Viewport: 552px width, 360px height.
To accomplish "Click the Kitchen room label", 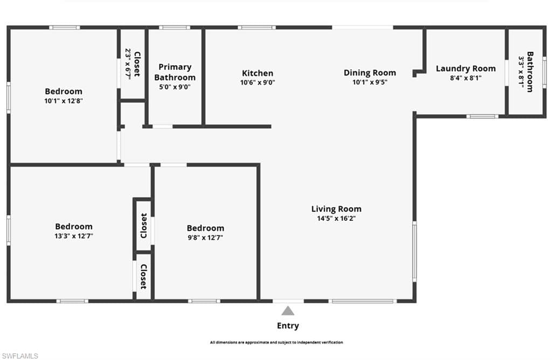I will click(x=257, y=73).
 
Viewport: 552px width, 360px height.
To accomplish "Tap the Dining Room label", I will click(x=370, y=73).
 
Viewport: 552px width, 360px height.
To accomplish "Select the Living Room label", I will click(x=336, y=209).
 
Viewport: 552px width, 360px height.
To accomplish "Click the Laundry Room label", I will click(x=466, y=68).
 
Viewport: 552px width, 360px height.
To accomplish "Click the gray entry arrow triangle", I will click(x=288, y=310).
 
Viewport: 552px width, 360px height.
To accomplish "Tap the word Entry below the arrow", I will click(x=288, y=326).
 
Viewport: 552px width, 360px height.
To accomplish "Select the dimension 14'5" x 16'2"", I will click(x=336, y=219).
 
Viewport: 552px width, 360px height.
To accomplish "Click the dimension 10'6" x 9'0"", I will click(x=257, y=82).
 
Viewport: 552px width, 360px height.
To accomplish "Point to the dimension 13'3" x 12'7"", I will click(x=74, y=236).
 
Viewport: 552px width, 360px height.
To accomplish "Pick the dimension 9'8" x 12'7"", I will click(x=205, y=237).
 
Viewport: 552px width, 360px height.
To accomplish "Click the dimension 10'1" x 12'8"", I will click(x=64, y=100).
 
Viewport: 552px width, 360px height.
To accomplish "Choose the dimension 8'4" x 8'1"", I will click(x=466, y=78).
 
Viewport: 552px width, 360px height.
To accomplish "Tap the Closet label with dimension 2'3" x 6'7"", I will click(x=137, y=64).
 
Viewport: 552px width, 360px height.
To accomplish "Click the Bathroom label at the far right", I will click(x=530, y=72).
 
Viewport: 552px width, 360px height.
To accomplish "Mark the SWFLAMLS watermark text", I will click(x=19, y=356).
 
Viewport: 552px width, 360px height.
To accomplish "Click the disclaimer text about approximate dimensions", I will click(x=276, y=342).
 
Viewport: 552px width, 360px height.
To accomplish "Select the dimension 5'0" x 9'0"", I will click(x=175, y=87).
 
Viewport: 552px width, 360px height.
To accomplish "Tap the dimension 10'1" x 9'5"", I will click(x=370, y=82).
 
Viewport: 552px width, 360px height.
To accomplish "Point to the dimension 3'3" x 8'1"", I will click(x=521, y=72).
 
